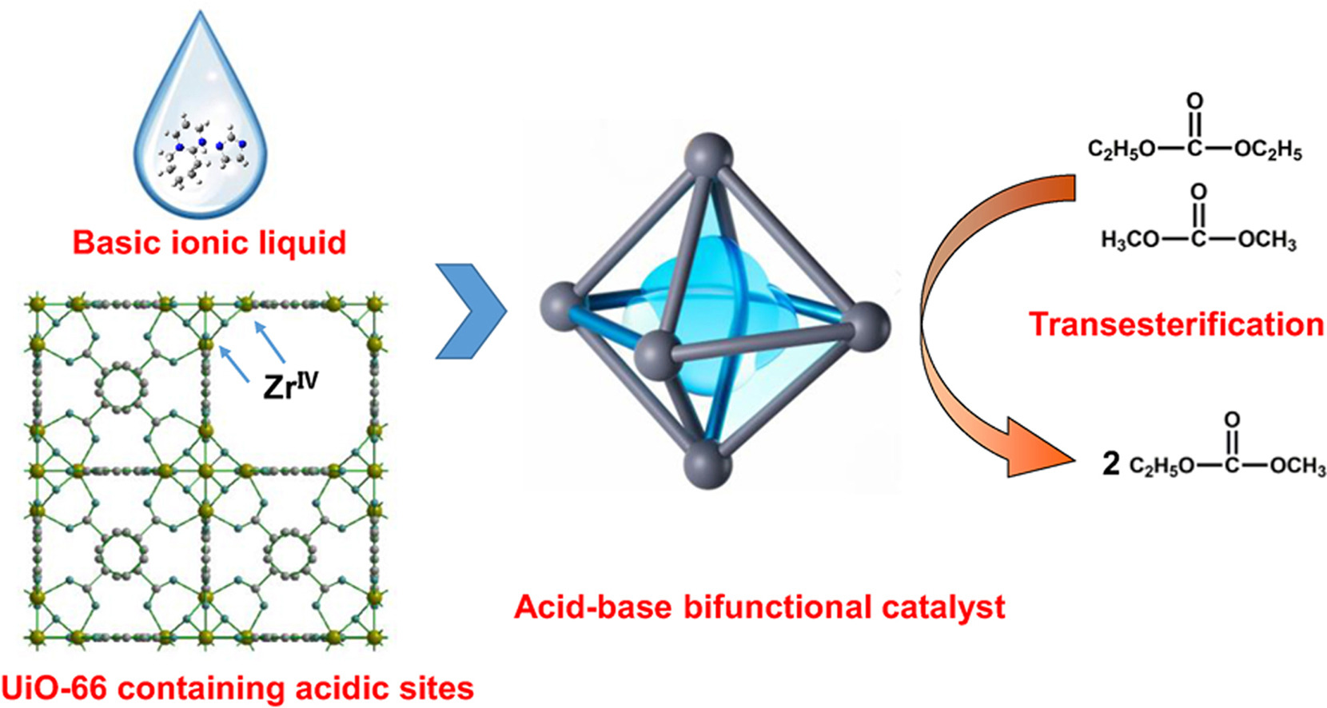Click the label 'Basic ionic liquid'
(209, 242)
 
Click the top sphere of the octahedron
(709, 153)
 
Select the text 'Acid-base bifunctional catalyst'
(759, 607)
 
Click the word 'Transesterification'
(1176, 324)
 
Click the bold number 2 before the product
(1110, 463)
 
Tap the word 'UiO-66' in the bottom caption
(53, 688)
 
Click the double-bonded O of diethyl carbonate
(1194, 101)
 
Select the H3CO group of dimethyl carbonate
(1129, 240)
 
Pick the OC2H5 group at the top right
(1268, 150)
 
